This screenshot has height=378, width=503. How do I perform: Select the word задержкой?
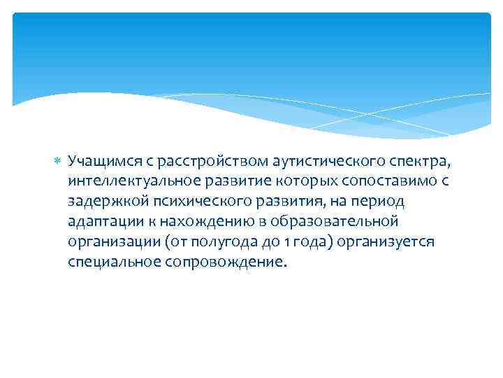tap(99, 202)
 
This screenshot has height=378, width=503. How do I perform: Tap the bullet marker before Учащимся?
tap(57, 162)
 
